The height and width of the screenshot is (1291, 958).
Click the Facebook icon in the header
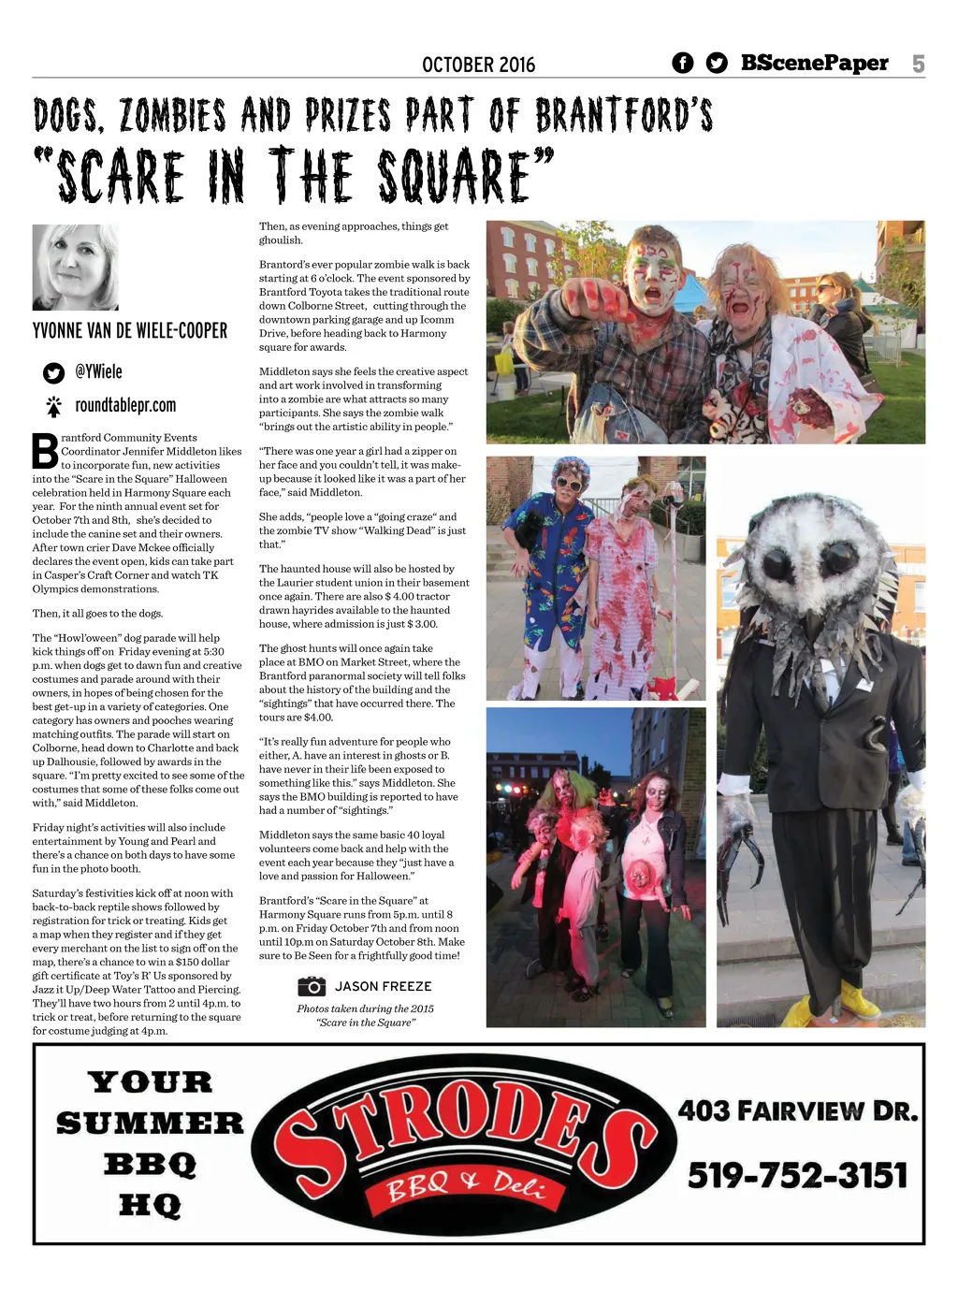pos(683,63)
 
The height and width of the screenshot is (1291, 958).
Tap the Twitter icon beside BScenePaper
pos(717,63)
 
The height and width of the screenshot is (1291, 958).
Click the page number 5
pos(918,64)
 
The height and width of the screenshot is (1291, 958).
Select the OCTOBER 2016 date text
pos(478,65)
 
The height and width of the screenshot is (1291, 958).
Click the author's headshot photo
pos(75,268)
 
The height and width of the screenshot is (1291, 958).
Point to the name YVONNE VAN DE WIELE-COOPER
pos(130,330)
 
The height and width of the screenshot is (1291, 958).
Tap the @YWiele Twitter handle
pos(98,371)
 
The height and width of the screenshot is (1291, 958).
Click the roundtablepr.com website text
pos(125,405)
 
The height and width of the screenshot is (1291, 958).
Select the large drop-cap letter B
pos(45,451)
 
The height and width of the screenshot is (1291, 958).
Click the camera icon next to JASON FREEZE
pos(312,986)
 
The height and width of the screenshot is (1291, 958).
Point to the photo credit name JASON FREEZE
pos(383,986)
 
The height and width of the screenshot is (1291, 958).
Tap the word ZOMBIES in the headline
pos(172,116)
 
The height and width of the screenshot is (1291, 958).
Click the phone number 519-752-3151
pos(797,1175)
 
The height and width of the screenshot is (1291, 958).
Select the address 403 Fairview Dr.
pos(797,1110)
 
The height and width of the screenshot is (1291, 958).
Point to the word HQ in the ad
pos(150,1205)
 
